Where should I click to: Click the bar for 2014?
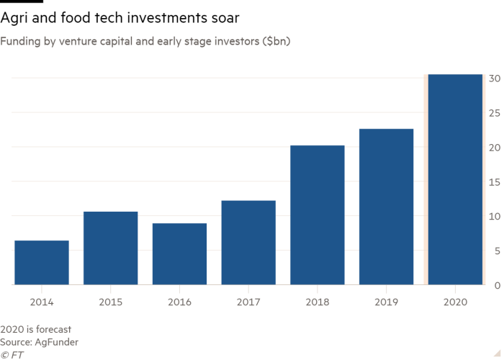pyautogui.click(x=42, y=263)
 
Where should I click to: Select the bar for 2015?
pyautogui.click(x=111, y=248)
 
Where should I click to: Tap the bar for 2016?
pyautogui.click(x=179, y=254)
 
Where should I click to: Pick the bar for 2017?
pyautogui.click(x=248, y=243)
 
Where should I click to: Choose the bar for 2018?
pyautogui.click(x=318, y=215)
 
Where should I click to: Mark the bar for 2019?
pyautogui.click(x=386, y=207)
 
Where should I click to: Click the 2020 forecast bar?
pyautogui.click(x=455, y=179)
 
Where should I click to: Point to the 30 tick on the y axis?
pyautogui.click(x=495, y=78)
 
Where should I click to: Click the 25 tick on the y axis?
pyautogui.click(x=495, y=113)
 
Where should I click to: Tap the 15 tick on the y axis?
pyautogui.click(x=495, y=182)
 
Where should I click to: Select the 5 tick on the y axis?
pyautogui.click(x=495, y=251)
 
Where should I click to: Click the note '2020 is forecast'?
pyautogui.click(x=36, y=330)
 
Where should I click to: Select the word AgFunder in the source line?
pyautogui.click(x=60, y=342)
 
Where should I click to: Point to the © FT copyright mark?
pyautogui.click(x=12, y=355)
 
